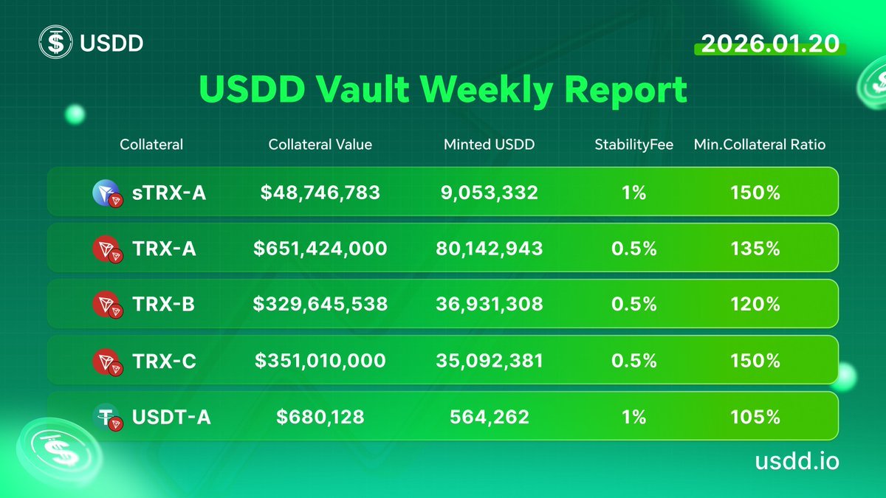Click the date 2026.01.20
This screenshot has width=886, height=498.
click(x=770, y=44)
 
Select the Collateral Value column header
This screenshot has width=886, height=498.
click(x=320, y=145)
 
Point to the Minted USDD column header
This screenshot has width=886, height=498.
click(x=489, y=145)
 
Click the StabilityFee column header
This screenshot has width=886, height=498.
click(x=633, y=145)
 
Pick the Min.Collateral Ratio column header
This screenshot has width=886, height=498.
click(x=759, y=145)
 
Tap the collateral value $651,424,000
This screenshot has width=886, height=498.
click(x=320, y=249)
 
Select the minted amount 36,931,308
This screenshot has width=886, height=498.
click(x=490, y=304)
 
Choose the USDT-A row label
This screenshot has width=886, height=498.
click(x=171, y=417)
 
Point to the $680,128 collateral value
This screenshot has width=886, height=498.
click(x=320, y=417)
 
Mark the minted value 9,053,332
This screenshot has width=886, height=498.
click(x=490, y=193)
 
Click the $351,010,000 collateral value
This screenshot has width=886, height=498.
click(x=320, y=361)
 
